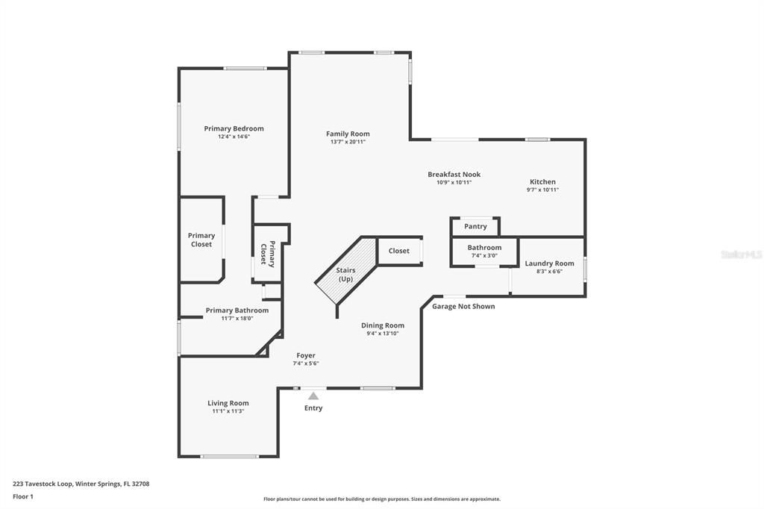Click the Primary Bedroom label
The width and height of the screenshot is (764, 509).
tap(234, 128)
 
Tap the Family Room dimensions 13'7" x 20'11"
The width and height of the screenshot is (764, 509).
tap(348, 142)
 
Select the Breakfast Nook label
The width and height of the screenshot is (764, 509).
tap(454, 174)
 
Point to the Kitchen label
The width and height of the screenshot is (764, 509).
tap(542, 181)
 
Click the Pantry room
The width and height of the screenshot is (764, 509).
tap(475, 226)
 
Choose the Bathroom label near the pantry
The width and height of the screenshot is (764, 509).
tap(484, 247)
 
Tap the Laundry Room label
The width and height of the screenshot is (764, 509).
tap(549, 263)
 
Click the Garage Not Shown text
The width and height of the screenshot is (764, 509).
tap(463, 306)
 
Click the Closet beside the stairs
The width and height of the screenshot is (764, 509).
tap(399, 251)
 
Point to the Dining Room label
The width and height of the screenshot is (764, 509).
tap(382, 325)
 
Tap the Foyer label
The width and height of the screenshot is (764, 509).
tap(306, 355)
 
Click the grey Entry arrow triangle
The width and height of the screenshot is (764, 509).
tap(313, 396)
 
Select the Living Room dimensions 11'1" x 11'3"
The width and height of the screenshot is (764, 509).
tap(228, 411)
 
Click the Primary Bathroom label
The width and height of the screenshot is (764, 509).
tap(237, 310)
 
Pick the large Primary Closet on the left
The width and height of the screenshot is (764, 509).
tap(201, 240)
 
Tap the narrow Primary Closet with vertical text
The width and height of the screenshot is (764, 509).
tap(267, 254)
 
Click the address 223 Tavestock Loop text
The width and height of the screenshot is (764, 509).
tap(81, 484)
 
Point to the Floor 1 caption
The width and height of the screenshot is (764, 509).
tap(23, 496)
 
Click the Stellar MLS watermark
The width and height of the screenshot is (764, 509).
tap(741, 254)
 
